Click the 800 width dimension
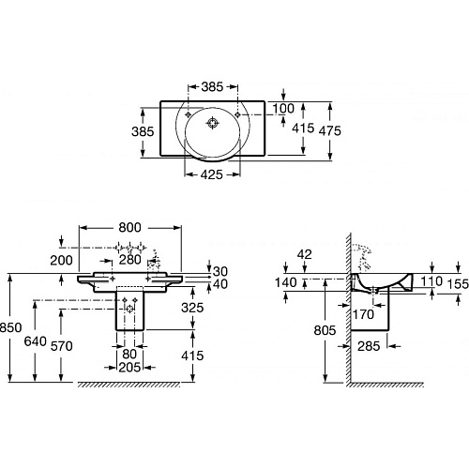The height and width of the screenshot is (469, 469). tap(129, 227)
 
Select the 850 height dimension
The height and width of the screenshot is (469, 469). tap(11, 327)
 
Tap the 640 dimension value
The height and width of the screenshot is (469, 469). tap(36, 341)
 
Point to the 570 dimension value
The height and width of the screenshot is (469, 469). tap(62, 346)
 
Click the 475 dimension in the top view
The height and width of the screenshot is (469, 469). tap(329, 130)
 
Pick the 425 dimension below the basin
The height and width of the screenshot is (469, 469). tap(212, 174)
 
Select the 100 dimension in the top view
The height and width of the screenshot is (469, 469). tap(283, 109)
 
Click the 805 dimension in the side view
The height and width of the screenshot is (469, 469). tap(325, 330)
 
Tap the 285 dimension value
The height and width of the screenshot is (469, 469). tap(369, 346)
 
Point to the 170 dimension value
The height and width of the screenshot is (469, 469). tap(363, 314)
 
